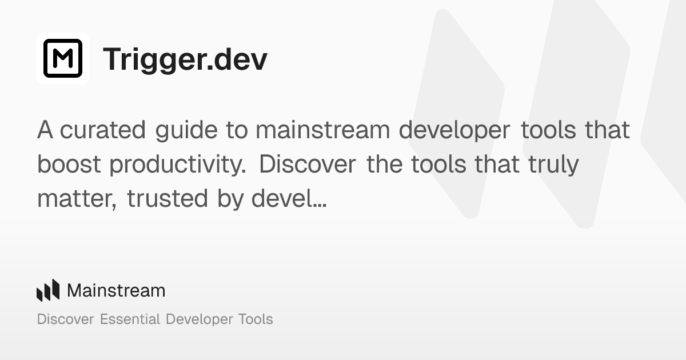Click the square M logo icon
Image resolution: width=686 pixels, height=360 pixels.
tap(63, 58)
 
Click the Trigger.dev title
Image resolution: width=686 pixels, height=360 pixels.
tap(185, 59)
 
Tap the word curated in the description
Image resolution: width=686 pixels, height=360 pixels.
tap(103, 130)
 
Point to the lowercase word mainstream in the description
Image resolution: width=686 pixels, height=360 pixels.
tap(323, 130)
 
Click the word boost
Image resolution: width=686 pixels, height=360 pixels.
tap(70, 165)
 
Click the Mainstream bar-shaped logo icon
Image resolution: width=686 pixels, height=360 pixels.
tap(48, 290)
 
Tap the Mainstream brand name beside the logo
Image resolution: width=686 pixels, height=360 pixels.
tap(116, 290)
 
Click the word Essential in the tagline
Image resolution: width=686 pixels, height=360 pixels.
tap(130, 319)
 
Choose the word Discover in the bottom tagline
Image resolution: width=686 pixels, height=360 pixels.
tap(65, 319)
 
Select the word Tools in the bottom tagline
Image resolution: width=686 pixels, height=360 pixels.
tap(255, 319)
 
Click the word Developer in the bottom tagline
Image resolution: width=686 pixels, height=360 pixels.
tap(198, 319)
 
